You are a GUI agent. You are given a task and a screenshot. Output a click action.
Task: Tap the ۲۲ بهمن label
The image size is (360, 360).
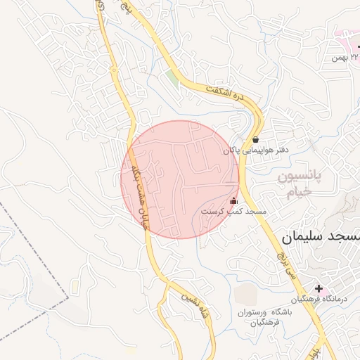346,56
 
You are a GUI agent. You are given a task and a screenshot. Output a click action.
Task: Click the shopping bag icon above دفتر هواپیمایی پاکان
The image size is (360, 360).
255,139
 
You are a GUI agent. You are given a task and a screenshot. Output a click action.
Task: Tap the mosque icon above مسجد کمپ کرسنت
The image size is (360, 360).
234,200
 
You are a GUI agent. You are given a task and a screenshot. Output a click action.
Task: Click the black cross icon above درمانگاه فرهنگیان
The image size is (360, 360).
319,288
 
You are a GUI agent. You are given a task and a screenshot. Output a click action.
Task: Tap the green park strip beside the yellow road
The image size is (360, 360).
173,77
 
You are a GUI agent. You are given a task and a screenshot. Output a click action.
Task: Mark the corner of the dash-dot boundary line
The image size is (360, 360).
68,298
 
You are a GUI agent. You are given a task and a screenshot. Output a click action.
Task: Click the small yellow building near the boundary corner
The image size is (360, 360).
75,286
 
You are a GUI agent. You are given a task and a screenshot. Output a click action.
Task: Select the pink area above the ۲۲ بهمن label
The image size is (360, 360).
345,33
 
